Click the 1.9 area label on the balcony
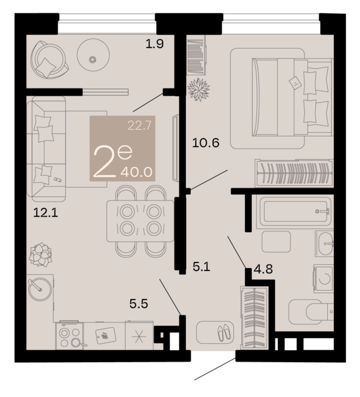(x=155, y=44)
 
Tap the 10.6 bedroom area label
(x=206, y=143)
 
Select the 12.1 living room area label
(x=45, y=212)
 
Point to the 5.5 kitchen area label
(x=139, y=303)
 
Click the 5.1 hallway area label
(x=201, y=267)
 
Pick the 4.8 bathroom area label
(x=263, y=269)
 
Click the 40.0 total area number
(x=136, y=173)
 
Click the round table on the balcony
(x=93, y=55)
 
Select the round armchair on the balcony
(x=49, y=60)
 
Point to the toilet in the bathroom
(x=311, y=312)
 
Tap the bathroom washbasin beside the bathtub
(x=325, y=243)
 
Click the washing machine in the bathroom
(x=323, y=279)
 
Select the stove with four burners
(x=69, y=336)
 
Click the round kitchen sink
(x=40, y=289)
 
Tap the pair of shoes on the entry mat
(x=224, y=333)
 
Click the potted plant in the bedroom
(x=198, y=89)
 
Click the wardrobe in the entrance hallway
(x=255, y=317)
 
